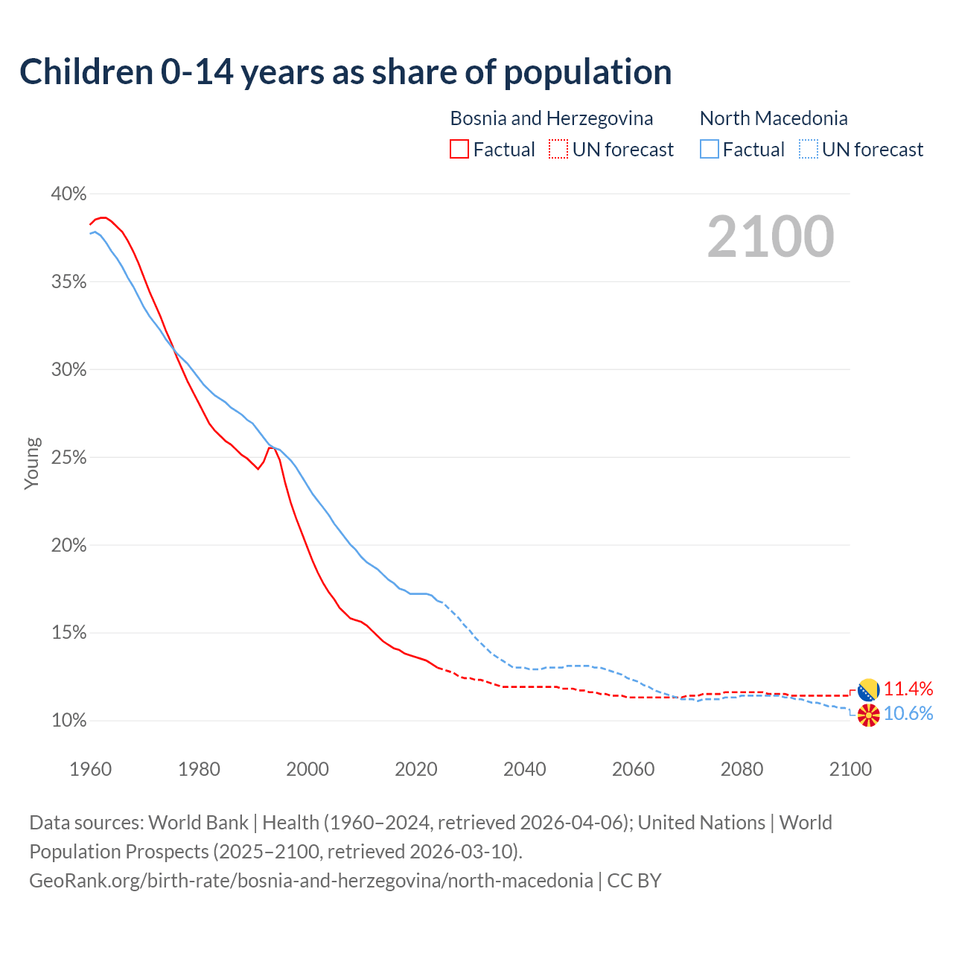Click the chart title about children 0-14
pyautogui.click(x=345, y=72)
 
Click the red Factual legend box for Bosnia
pyautogui.click(x=459, y=150)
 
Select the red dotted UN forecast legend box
pyautogui.click(x=558, y=150)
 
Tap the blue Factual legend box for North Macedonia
pyautogui.click(x=710, y=150)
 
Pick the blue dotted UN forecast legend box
pyautogui.click(x=808, y=150)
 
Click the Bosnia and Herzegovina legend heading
pyautogui.click(x=551, y=118)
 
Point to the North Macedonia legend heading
pyautogui.click(x=774, y=118)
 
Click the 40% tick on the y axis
pyautogui.click(x=68, y=194)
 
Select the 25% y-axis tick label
pyautogui.click(x=68, y=458)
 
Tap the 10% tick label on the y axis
pyautogui.click(x=68, y=721)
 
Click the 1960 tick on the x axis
pyautogui.click(x=90, y=769)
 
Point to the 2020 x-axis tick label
pyautogui.click(x=416, y=769)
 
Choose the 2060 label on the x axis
pyautogui.click(x=634, y=769)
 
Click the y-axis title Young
pyautogui.click(x=32, y=463)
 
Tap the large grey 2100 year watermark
pyautogui.click(x=771, y=237)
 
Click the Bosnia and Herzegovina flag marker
pyautogui.click(x=869, y=690)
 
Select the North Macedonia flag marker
pyautogui.click(x=869, y=715)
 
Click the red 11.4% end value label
pyautogui.click(x=908, y=689)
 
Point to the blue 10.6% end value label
pyautogui.click(x=908, y=714)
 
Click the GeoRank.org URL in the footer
pyautogui.click(x=310, y=881)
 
